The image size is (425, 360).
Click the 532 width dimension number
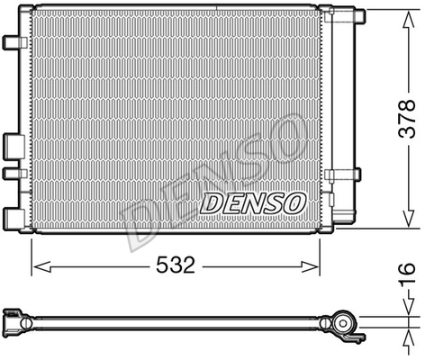176,265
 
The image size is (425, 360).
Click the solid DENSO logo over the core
252,202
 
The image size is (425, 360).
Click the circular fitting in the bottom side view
343,322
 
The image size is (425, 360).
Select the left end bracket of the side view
13,319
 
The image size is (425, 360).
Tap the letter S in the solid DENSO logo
271,202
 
